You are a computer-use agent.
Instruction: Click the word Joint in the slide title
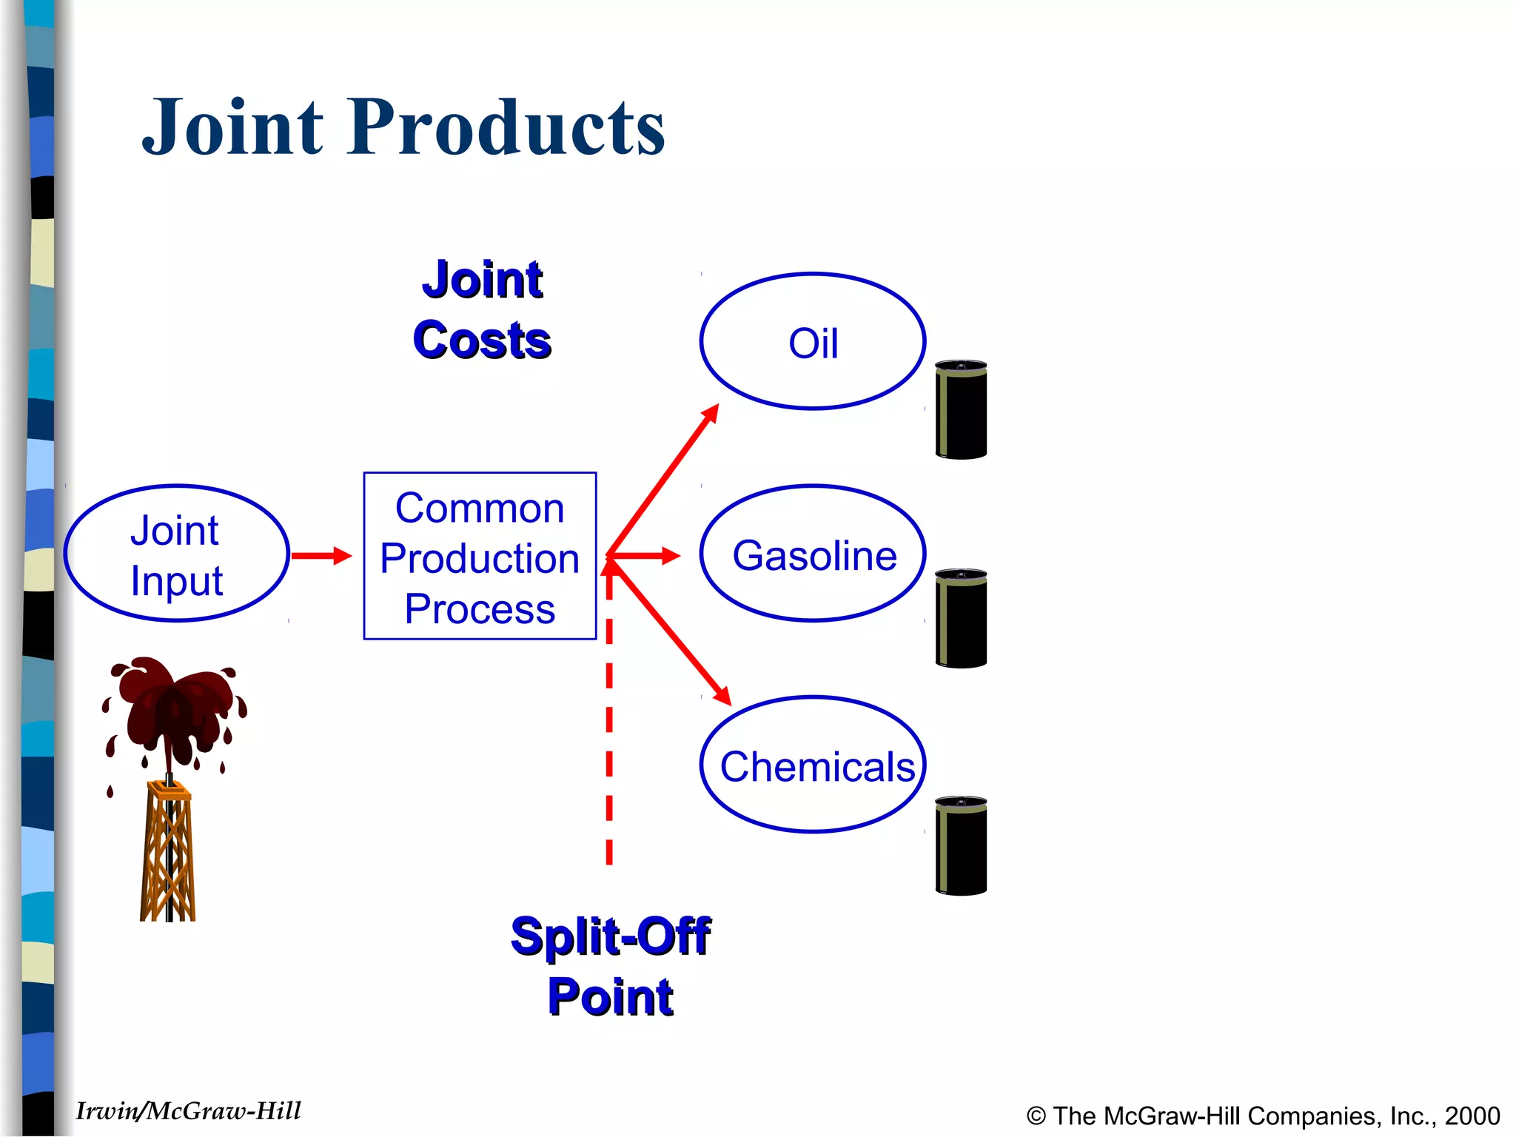233,127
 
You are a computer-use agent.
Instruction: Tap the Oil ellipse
813,342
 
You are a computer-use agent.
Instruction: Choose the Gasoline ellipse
813,554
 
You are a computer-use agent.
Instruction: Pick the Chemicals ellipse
813,765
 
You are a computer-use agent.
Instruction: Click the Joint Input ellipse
176,554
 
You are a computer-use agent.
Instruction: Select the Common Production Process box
480,555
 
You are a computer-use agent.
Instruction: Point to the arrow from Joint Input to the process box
320,555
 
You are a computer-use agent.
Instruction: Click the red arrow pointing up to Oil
663,480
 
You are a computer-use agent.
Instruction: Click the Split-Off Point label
610,966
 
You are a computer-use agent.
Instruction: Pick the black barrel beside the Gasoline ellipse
961,620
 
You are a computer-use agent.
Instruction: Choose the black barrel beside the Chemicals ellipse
961,847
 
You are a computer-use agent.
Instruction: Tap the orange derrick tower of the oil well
169,851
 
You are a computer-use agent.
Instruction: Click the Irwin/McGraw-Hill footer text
188,1111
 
